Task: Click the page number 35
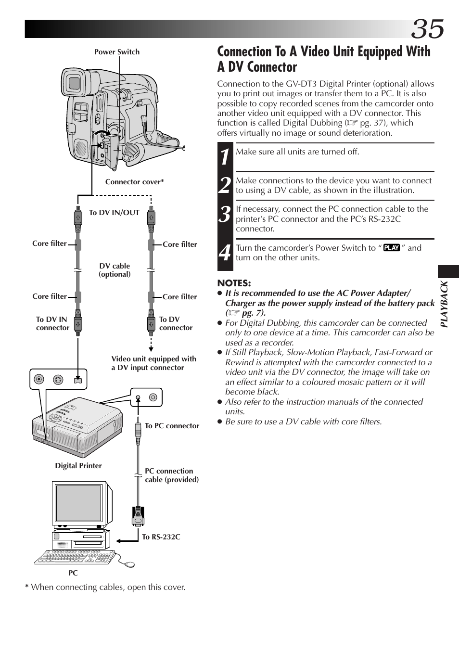(428, 29)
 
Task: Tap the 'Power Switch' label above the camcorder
(117, 52)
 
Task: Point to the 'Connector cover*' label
(134, 182)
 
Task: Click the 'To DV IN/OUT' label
(114, 213)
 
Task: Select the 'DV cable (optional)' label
(115, 270)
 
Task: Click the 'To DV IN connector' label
(52, 323)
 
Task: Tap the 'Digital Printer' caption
(78, 466)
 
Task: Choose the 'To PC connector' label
(172, 426)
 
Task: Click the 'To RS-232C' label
(161, 537)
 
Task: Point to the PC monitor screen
(79, 504)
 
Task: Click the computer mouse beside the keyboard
(129, 564)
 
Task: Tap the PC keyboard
(75, 557)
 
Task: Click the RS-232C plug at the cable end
(138, 516)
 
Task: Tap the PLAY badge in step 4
(392, 248)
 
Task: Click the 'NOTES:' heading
(234, 283)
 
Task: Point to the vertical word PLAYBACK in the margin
(445, 304)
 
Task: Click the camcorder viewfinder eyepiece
(74, 83)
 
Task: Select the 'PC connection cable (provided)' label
(172, 475)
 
